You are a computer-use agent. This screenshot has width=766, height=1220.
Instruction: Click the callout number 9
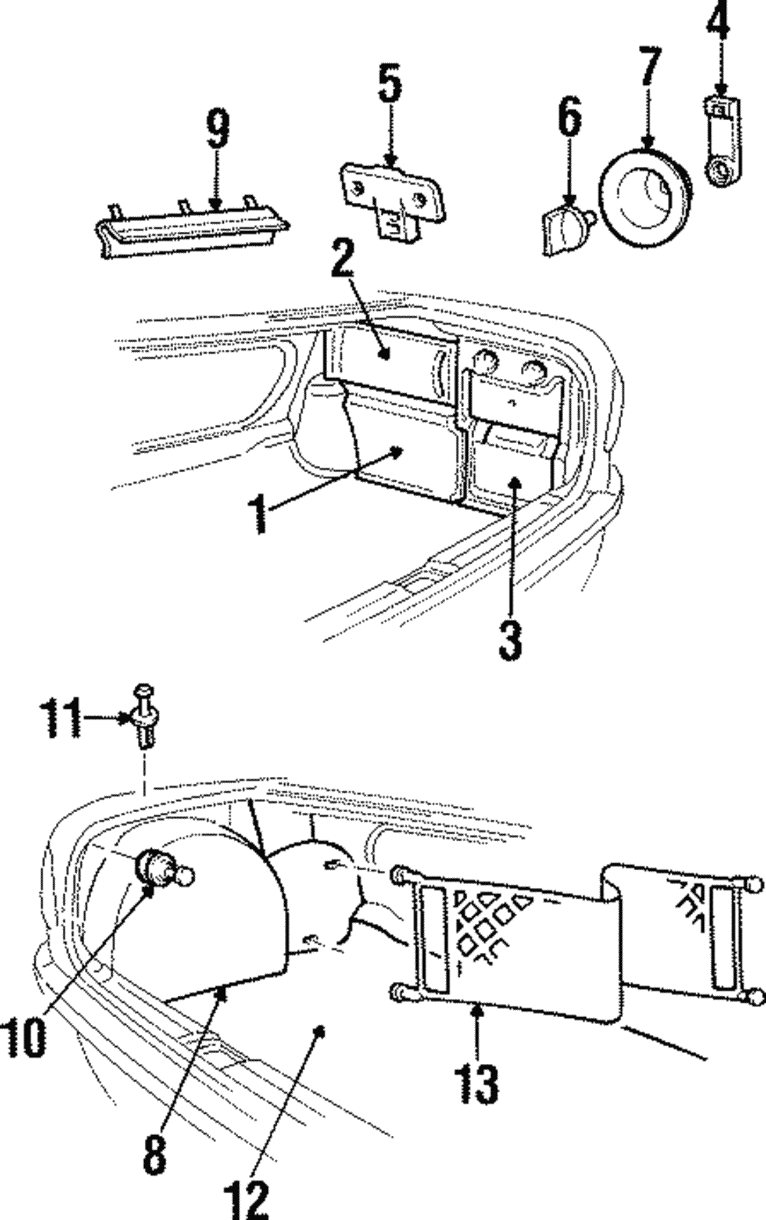click(218, 129)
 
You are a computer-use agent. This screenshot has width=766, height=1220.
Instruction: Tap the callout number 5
click(390, 84)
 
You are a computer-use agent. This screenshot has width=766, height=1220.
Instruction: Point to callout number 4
click(718, 23)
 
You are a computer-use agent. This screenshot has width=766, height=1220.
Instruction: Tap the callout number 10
click(26, 1038)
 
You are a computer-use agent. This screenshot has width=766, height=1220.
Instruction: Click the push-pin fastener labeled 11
click(146, 717)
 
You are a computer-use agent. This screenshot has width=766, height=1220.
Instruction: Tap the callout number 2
click(342, 262)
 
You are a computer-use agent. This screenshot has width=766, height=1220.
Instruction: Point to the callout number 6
click(568, 117)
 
